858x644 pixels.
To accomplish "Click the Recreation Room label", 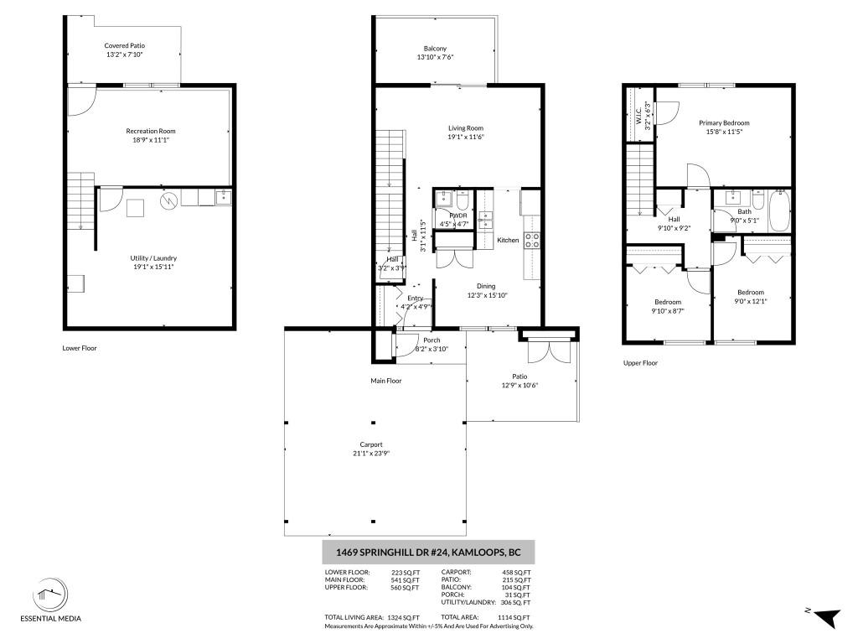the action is pyautogui.click(x=151, y=131).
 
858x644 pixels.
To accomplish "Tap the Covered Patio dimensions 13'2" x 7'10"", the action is pyautogui.click(x=125, y=55).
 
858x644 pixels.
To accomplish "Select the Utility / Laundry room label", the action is pyautogui.click(x=153, y=258).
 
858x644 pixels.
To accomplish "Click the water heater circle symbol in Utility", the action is pyautogui.click(x=169, y=201).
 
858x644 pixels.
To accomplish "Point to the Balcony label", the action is pyautogui.click(x=435, y=49).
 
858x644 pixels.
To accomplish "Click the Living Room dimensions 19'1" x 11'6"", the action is pyautogui.click(x=466, y=137).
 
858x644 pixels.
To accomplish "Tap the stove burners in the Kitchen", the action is pyautogui.click(x=532, y=241).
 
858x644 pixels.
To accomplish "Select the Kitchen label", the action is pyautogui.click(x=508, y=241).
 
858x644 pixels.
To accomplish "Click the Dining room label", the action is pyautogui.click(x=486, y=286).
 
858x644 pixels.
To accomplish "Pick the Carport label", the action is pyautogui.click(x=371, y=444).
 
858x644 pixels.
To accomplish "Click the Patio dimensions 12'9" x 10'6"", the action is pyautogui.click(x=519, y=385).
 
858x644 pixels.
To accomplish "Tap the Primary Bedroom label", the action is pyautogui.click(x=724, y=123).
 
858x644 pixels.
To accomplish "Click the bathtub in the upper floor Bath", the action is pyautogui.click(x=780, y=210).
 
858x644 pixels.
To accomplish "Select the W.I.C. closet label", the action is pyautogui.click(x=638, y=116).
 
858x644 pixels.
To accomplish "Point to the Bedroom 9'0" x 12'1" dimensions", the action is pyautogui.click(x=750, y=301).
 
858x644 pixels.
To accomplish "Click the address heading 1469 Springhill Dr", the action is pyautogui.click(x=428, y=553).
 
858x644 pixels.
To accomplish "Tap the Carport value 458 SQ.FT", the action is pyautogui.click(x=516, y=572).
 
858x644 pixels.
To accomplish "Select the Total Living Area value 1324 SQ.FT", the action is pyautogui.click(x=403, y=618).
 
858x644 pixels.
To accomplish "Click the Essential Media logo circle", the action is pyautogui.click(x=50, y=595).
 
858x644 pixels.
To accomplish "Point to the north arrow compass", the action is pyautogui.click(x=825, y=617).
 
